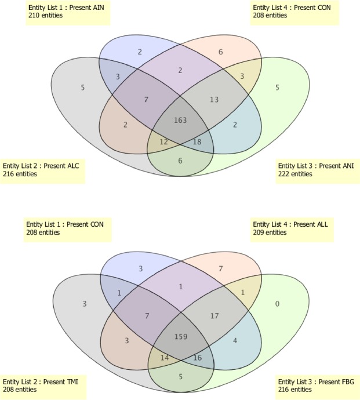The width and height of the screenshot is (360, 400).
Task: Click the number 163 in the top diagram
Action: point(180,120)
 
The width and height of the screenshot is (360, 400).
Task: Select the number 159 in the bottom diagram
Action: point(180,336)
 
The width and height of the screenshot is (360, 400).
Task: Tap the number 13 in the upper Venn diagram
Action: point(214,99)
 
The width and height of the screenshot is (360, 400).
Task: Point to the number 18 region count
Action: point(197,141)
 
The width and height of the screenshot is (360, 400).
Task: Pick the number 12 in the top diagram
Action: point(164,141)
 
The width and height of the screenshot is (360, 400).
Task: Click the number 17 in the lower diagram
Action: point(214,316)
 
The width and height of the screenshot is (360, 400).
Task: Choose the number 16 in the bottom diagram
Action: point(197,358)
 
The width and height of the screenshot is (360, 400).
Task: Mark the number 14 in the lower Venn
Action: point(164,358)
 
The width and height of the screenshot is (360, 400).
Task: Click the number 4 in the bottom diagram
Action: point(235,340)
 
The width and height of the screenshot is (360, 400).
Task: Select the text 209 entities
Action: point(270,232)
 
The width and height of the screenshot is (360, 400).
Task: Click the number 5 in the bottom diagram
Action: point(180,376)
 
